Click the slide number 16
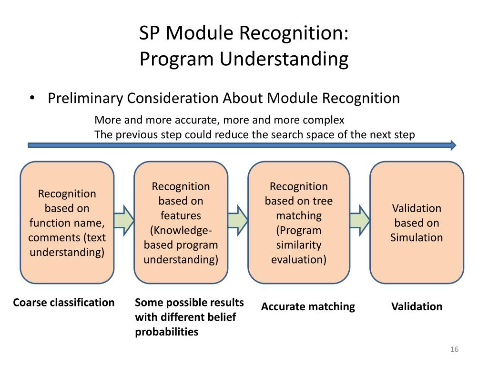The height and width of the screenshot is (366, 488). (x=454, y=350)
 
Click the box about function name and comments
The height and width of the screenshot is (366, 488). (x=67, y=223)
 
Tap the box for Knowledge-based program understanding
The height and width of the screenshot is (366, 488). (x=181, y=223)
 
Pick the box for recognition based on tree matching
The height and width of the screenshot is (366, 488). (x=299, y=223)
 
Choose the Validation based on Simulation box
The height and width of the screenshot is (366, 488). (x=417, y=223)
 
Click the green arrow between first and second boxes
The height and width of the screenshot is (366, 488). (x=124, y=220)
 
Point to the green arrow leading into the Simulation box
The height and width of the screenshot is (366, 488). (x=360, y=220)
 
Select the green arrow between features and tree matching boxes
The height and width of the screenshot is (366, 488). (x=238, y=220)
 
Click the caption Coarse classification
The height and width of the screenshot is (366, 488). (x=64, y=303)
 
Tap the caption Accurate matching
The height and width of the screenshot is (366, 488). (x=308, y=306)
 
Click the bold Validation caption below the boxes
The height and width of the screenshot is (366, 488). (x=417, y=306)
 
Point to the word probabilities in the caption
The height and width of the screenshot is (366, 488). (x=166, y=332)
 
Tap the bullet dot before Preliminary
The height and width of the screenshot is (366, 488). (x=32, y=98)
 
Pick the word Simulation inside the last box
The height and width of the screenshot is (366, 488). (x=417, y=237)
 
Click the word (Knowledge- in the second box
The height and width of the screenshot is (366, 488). (x=181, y=230)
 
